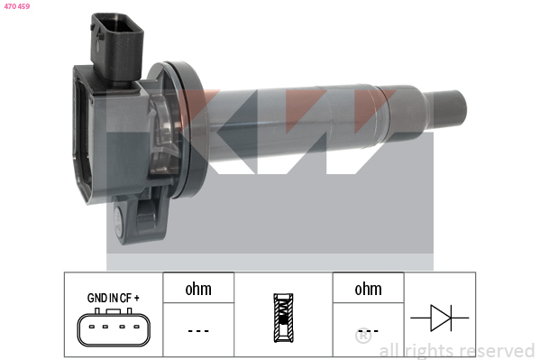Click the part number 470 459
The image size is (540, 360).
click(17, 6)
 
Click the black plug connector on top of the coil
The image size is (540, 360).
click(116, 48)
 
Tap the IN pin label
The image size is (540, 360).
click(114, 298)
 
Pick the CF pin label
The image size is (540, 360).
click(125, 298)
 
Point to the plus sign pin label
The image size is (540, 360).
click(136, 298)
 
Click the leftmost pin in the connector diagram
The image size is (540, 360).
click(92, 327)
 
